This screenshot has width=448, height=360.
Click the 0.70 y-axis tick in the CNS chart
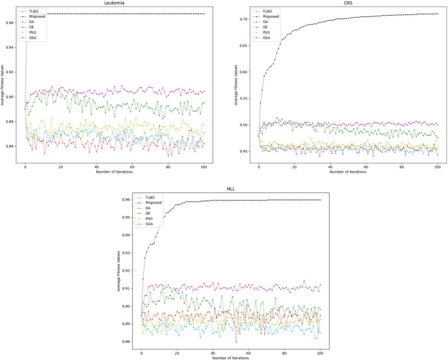244,19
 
